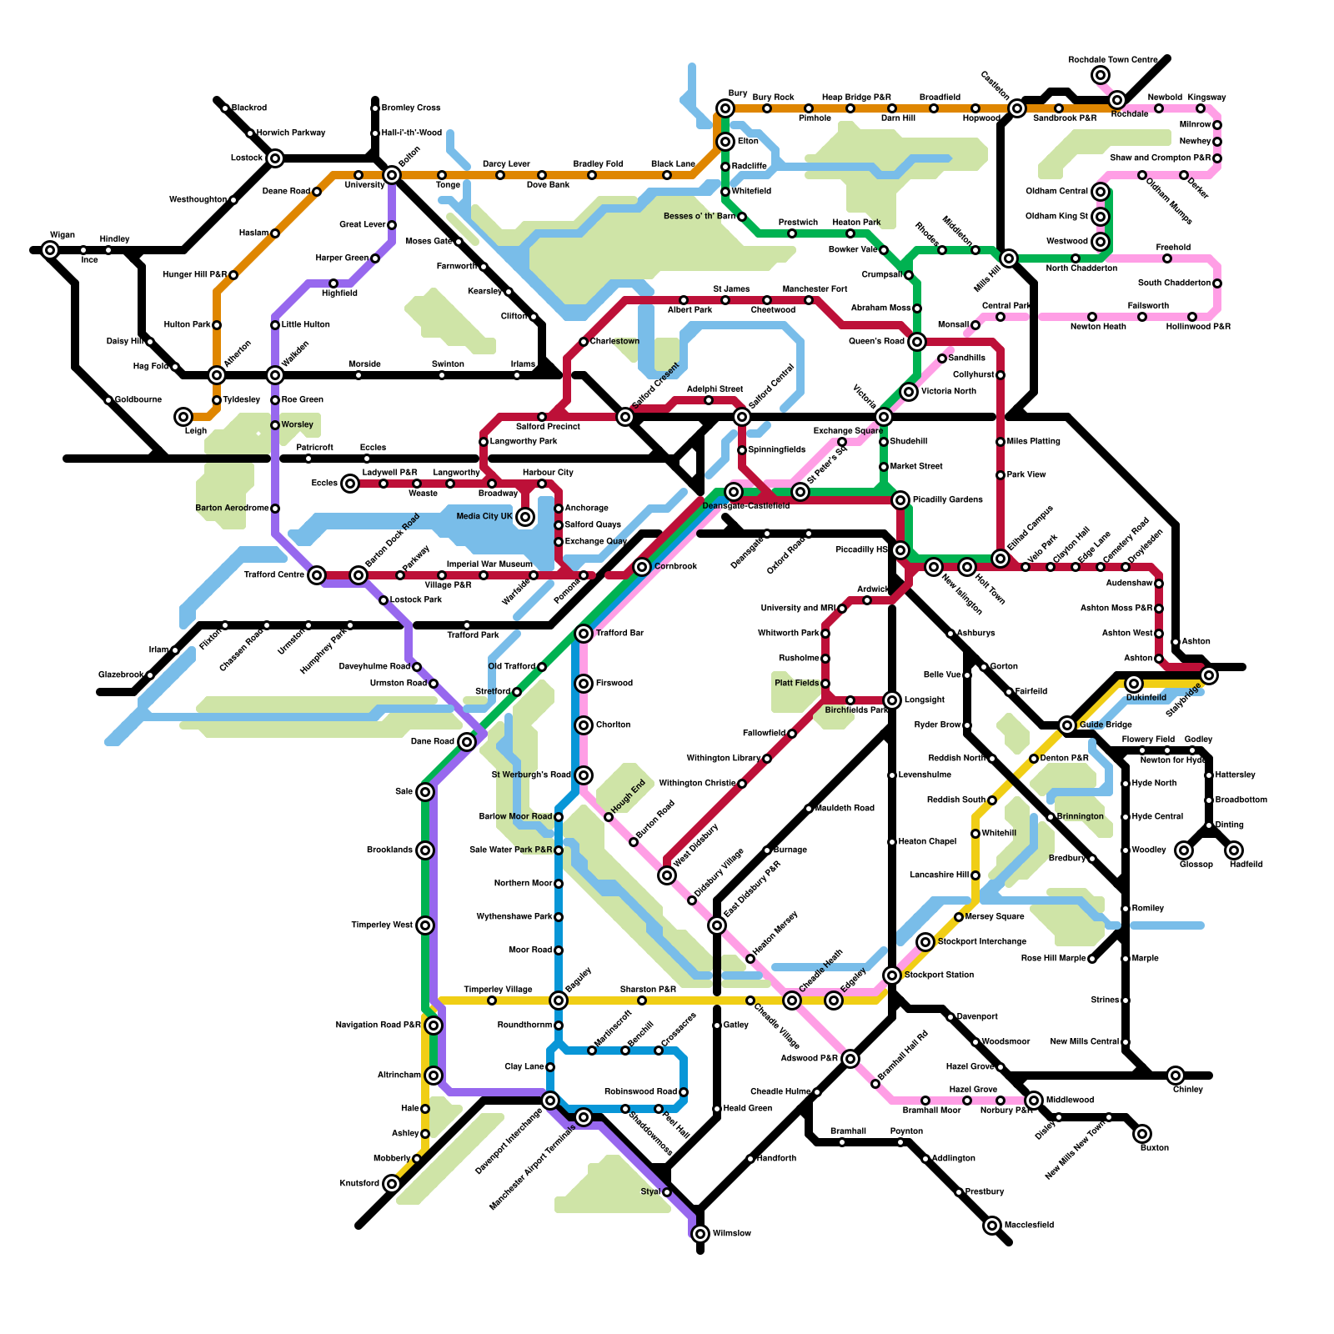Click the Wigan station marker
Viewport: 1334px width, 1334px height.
click(x=50, y=250)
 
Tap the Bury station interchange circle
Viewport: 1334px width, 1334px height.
click(x=725, y=108)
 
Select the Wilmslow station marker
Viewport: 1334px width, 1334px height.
click(x=700, y=1234)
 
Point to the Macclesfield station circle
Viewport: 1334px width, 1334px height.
click(x=992, y=1226)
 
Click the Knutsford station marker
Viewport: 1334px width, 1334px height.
click(x=392, y=1184)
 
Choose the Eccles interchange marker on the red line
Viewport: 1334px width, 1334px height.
click(x=350, y=484)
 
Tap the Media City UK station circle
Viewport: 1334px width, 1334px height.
click(x=525, y=517)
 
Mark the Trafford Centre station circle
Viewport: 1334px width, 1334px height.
click(x=317, y=575)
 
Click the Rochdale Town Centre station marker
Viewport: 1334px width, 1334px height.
click(x=1101, y=75)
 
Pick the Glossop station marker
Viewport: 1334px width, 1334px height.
click(x=1184, y=850)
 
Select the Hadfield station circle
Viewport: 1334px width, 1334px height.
click(x=1234, y=850)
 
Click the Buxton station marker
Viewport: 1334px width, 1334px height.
click(x=1142, y=1134)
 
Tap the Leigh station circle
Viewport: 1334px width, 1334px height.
click(x=183, y=417)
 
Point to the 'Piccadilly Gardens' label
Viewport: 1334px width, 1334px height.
click(x=947, y=500)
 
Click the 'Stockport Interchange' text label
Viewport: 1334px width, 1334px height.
click(x=981, y=942)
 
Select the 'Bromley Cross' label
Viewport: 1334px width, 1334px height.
click(x=410, y=108)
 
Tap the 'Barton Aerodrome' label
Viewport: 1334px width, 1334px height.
click(x=232, y=509)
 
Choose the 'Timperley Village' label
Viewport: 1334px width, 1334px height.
click(x=498, y=990)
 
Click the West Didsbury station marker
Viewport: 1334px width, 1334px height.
click(x=667, y=875)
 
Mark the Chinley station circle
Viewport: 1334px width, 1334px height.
click(x=1176, y=1076)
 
